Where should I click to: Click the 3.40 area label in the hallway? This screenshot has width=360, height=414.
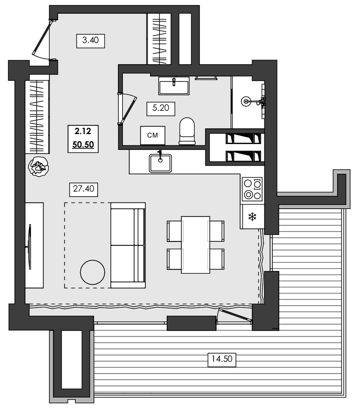(91, 41)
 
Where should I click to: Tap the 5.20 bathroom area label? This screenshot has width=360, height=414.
(161, 109)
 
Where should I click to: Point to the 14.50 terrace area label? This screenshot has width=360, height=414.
(221, 359)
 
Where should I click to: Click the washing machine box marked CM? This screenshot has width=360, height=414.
(153, 135)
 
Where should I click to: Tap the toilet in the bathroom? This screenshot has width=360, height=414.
(187, 131)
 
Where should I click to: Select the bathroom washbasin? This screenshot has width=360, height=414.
(174, 86)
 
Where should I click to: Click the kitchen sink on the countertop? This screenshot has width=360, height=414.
(160, 163)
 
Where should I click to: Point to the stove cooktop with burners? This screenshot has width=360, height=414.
(252, 189)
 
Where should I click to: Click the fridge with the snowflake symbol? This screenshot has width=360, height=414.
(252, 216)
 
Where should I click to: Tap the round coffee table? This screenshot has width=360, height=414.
(92, 272)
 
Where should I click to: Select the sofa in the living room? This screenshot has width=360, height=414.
(128, 245)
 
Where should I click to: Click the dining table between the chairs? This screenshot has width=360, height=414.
(195, 245)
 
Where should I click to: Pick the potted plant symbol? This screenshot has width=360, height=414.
(38, 167)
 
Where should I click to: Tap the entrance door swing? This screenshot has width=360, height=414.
(42, 39)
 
